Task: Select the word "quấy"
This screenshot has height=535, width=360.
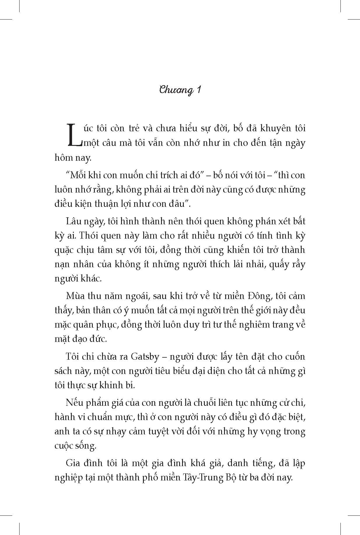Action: (x=276, y=264)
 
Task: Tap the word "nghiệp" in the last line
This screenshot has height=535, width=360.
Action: (x=68, y=478)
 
